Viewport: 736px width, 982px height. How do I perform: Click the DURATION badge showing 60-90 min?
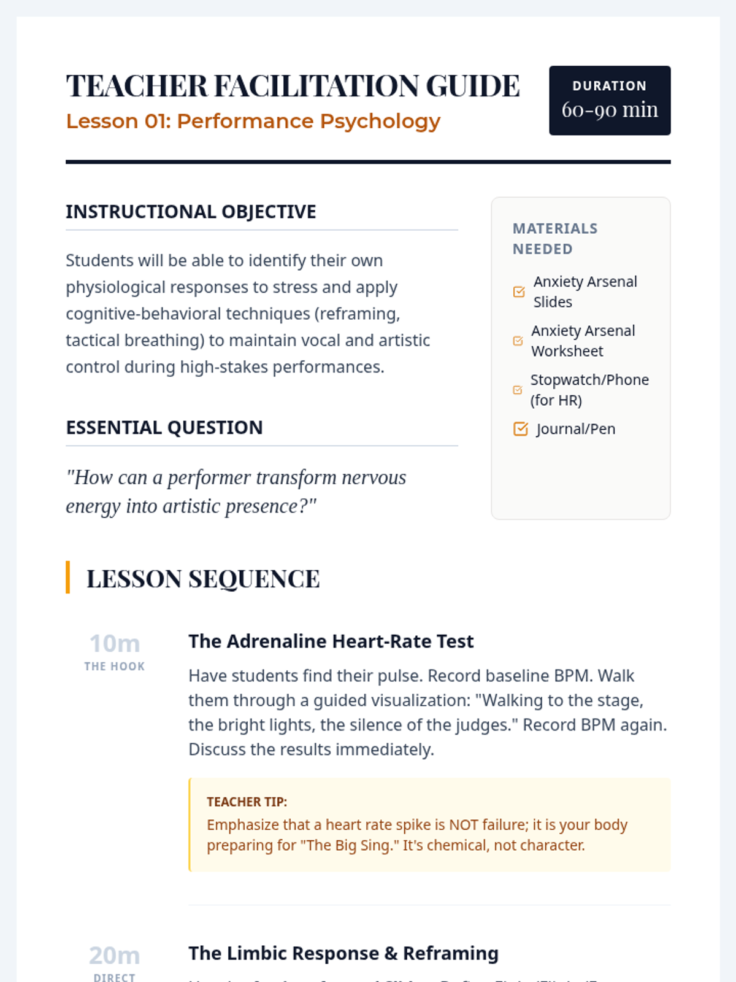click(x=610, y=100)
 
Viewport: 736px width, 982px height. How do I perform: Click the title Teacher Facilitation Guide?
click(x=293, y=86)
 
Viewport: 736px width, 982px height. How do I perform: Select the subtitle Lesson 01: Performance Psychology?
click(x=253, y=121)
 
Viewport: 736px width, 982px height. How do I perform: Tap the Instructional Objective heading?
click(x=191, y=212)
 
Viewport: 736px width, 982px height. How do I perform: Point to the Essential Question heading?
click(x=164, y=427)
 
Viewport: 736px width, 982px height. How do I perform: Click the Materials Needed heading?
click(x=555, y=239)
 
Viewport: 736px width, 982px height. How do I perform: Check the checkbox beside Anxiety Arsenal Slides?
click(x=519, y=292)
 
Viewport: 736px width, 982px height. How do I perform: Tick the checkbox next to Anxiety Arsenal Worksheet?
click(x=518, y=341)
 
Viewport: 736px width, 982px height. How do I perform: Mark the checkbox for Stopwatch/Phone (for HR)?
click(x=518, y=390)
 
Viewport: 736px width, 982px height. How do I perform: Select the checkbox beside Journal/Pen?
click(x=520, y=429)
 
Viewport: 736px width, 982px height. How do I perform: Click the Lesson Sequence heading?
click(x=203, y=579)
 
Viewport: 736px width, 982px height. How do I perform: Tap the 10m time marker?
click(x=115, y=644)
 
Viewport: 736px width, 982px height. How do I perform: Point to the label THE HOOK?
click(x=115, y=667)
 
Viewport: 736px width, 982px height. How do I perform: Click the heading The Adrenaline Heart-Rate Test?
click(x=331, y=641)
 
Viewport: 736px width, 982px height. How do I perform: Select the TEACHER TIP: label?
click(x=247, y=802)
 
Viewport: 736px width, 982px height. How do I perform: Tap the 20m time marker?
click(x=115, y=956)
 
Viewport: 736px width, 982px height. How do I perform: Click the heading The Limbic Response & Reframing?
click(x=343, y=953)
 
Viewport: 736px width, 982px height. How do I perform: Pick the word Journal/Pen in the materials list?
click(x=575, y=429)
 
